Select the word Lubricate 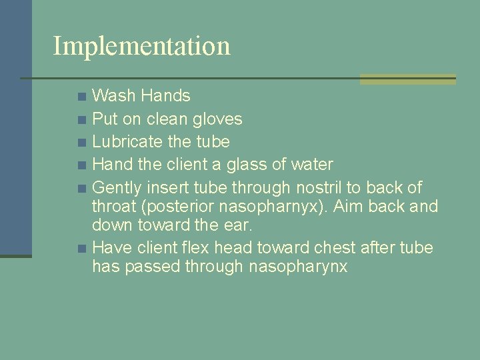127,142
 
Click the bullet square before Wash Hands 81,97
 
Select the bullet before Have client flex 81,249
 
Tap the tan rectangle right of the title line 407,79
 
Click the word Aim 357,207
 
